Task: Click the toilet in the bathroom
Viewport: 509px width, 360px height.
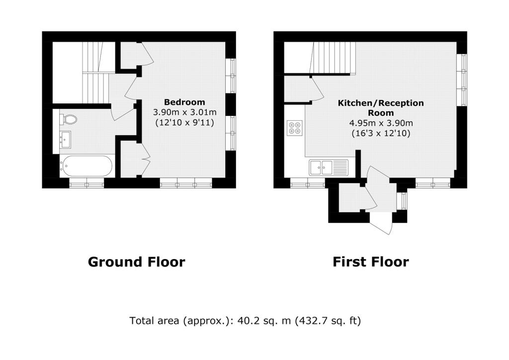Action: point(69,119)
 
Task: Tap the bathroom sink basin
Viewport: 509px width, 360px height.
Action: point(65,140)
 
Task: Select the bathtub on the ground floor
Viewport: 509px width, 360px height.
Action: point(86,166)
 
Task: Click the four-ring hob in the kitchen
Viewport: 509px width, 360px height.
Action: point(295,127)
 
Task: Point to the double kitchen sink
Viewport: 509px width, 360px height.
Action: point(328,168)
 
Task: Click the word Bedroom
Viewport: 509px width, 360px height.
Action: point(184,102)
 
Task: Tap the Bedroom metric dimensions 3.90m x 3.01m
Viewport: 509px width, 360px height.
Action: point(185,112)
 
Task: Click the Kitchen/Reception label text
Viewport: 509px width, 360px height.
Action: point(381,108)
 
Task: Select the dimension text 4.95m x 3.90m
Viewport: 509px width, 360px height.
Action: point(381,123)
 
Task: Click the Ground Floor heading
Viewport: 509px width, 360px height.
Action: point(136,262)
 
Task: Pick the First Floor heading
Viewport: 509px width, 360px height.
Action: point(371,262)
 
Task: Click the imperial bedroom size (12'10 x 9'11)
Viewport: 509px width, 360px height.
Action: point(185,123)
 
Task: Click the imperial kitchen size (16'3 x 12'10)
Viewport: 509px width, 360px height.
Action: point(381,133)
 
